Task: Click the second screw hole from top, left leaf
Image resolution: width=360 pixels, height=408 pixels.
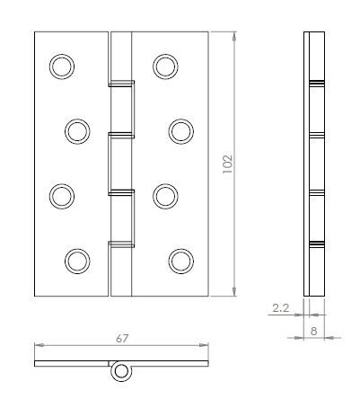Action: tap(77, 130)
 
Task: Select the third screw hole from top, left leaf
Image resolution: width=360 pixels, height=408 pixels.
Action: tap(61, 195)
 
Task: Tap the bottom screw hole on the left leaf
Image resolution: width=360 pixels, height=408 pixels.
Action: tap(77, 261)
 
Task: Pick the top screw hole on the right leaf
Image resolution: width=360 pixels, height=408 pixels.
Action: tap(165, 65)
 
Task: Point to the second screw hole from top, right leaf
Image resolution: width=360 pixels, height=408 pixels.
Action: tap(181, 130)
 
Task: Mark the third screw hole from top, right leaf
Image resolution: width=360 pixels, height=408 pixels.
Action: tap(165, 195)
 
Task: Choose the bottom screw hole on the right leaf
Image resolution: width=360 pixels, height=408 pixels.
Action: tap(181, 261)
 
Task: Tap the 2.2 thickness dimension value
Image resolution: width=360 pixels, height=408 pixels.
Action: tap(279, 307)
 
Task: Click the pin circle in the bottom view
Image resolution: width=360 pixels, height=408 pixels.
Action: tap(119, 373)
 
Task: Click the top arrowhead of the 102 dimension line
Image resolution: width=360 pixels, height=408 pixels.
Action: tap(235, 37)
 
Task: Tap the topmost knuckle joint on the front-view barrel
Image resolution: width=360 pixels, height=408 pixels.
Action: tap(121, 84)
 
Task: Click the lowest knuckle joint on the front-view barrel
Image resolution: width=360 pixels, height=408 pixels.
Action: tap(121, 244)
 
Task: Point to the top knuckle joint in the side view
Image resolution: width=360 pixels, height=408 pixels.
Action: tap(313, 84)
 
